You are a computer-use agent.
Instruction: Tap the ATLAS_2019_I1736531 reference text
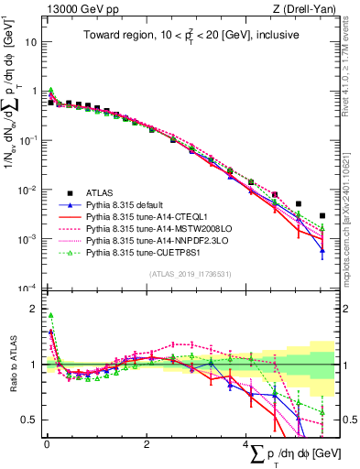point(190,275)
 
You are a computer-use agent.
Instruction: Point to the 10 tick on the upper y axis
point(30,42)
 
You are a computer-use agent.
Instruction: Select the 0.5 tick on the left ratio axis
point(28,420)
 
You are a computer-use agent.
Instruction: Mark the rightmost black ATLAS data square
point(322,216)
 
